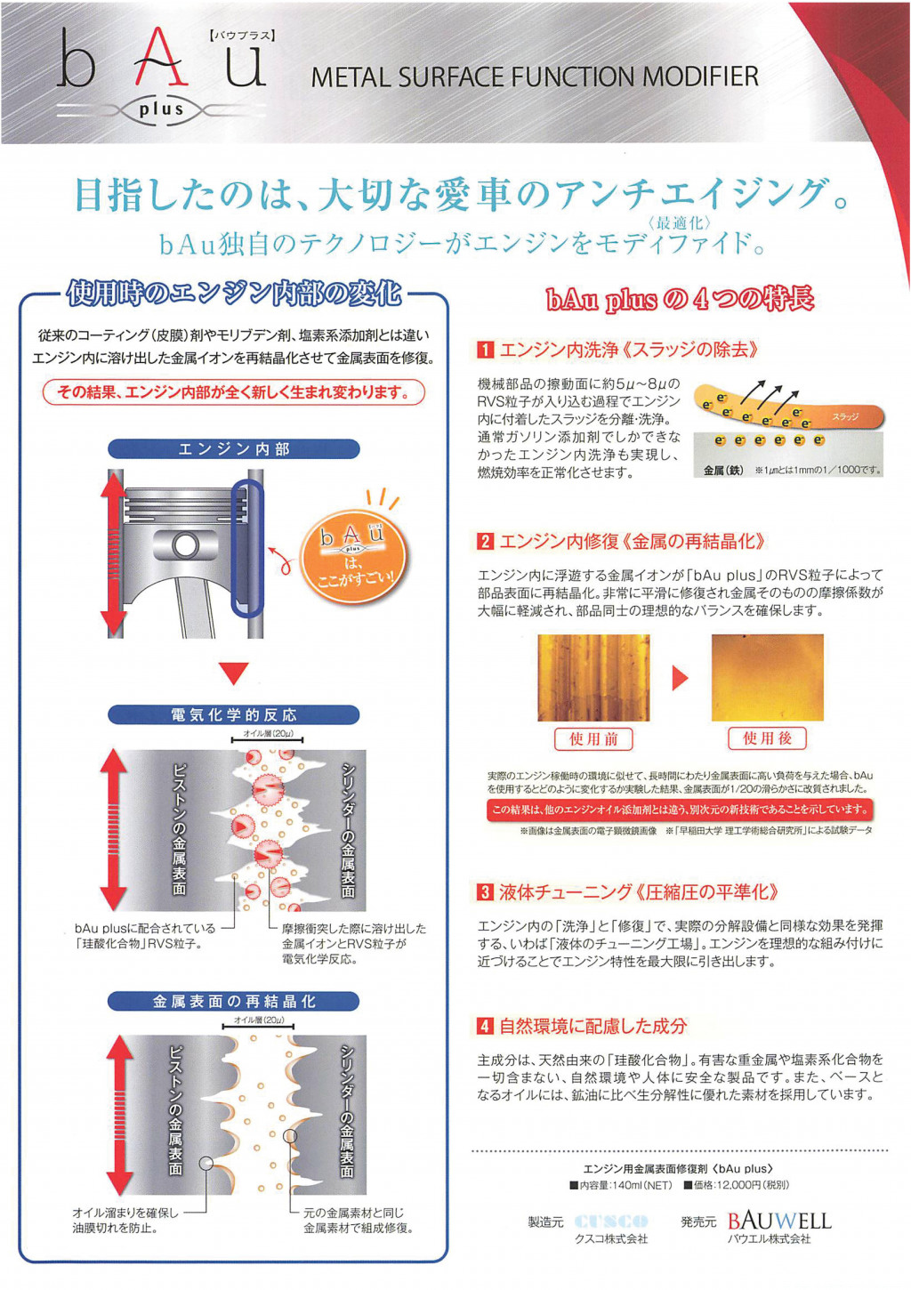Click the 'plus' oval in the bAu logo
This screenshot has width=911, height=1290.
tap(161, 110)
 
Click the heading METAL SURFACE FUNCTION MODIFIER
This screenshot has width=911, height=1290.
tap(535, 77)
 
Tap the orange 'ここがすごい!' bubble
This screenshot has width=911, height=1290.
tap(353, 557)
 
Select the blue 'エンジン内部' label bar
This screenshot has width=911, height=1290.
tap(233, 449)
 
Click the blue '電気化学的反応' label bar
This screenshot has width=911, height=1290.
tap(233, 715)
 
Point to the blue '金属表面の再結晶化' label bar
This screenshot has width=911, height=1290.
tap(233, 1002)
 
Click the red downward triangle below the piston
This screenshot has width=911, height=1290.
tap(233, 673)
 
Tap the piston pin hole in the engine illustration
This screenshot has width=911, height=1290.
tap(186, 545)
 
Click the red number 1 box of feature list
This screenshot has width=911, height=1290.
tap(486, 350)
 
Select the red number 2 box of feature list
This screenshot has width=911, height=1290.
tap(486, 542)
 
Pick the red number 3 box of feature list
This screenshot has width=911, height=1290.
tap(486, 892)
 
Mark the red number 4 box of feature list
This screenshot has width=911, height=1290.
tap(486, 1027)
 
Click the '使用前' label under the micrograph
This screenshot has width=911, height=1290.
tap(593, 738)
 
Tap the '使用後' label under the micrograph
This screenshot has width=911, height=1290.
tap(767, 738)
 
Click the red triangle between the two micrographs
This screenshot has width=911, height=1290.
tap(681, 678)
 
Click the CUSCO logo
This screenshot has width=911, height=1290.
tap(611, 1221)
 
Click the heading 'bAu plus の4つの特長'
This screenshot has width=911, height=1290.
tap(680, 300)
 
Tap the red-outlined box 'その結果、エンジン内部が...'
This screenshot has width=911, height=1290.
tap(233, 392)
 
